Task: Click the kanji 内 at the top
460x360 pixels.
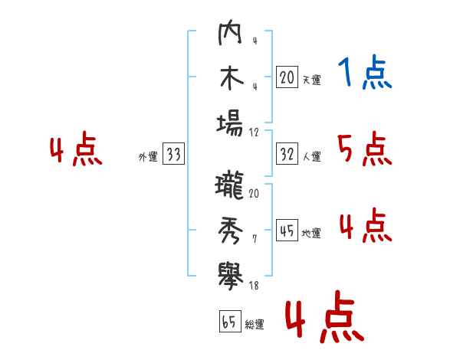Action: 230,32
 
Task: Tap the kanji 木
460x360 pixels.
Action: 232,78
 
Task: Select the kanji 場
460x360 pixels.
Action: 230,125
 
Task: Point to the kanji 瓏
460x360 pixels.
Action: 229,185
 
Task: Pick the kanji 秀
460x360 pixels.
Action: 231,231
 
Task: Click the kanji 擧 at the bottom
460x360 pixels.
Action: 231,277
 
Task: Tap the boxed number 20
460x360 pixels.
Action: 287,77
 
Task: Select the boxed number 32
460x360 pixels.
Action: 287,154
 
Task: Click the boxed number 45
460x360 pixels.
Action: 287,230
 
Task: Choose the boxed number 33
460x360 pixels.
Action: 173,153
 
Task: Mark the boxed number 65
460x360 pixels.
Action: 230,321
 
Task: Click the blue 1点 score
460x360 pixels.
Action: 365,72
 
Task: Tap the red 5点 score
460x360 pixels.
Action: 365,149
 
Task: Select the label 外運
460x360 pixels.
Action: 148,157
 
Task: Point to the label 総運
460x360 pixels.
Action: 255,325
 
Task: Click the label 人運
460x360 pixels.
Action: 312,156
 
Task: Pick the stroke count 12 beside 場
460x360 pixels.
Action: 254,133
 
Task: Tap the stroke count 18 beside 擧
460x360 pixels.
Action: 254,286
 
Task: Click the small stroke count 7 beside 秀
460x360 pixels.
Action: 255,239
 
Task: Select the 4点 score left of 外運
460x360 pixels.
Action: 76,149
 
